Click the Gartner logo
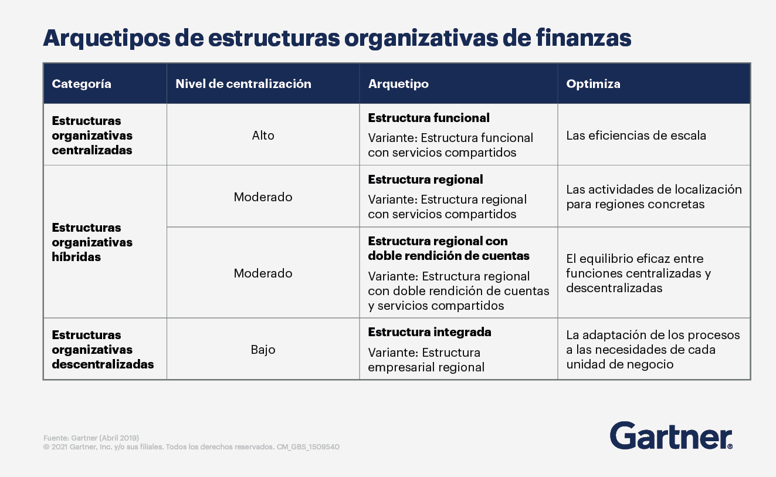(671, 435)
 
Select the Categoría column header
(82, 84)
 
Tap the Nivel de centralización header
(243, 84)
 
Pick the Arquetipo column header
(398, 84)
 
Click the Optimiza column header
(593, 84)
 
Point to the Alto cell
(263, 136)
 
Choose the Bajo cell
(263, 350)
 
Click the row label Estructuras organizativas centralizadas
(92, 136)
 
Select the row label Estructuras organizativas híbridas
(92, 242)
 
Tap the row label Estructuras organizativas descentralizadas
(103, 350)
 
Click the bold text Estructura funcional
(429, 118)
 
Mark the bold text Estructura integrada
(429, 332)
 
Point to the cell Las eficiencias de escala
(636, 136)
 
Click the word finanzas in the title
(584, 38)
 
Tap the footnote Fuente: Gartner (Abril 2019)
(91, 438)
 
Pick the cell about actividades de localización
(653, 197)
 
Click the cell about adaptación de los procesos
(653, 350)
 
